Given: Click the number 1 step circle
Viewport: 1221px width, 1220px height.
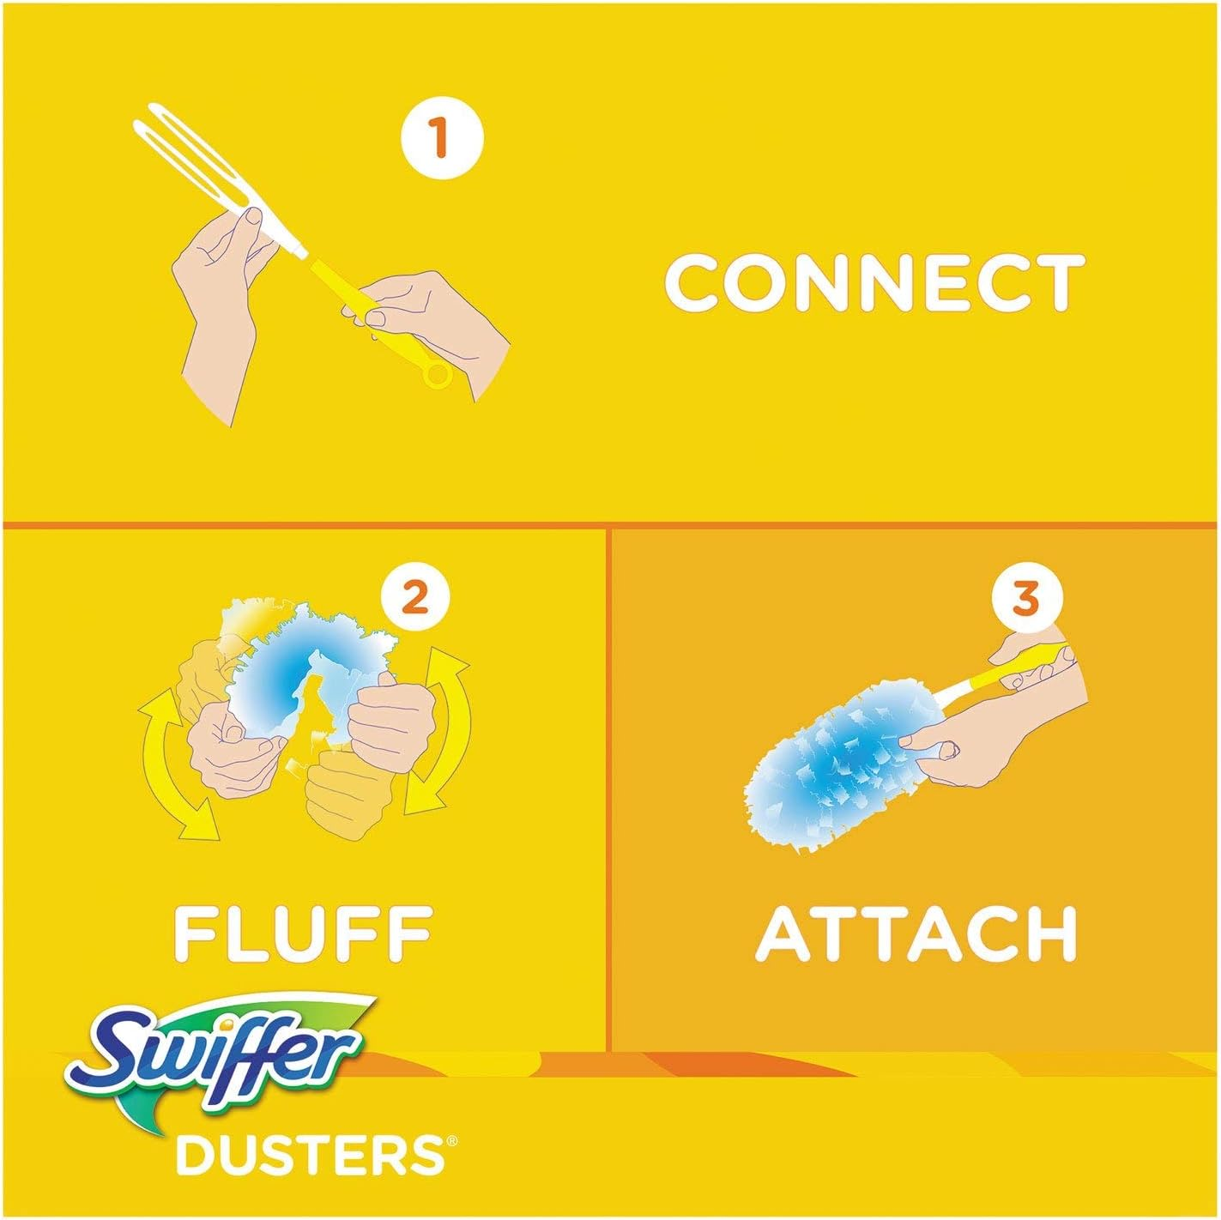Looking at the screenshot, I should (441, 137).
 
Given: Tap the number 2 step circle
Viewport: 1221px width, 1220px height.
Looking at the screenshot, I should (414, 596).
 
